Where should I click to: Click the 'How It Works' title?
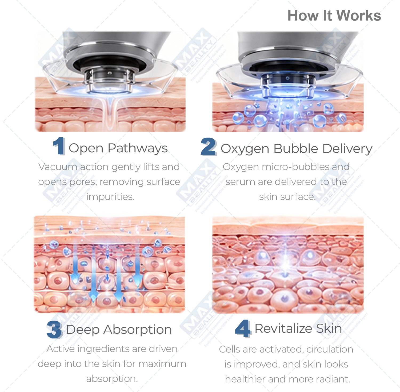point(334,15)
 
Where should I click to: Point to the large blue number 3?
point(54,330)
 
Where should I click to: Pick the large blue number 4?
point(243,328)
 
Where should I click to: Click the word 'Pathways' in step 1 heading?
point(138,148)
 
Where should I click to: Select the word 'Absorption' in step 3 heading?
point(138,330)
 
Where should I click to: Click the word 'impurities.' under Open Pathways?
point(110,197)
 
